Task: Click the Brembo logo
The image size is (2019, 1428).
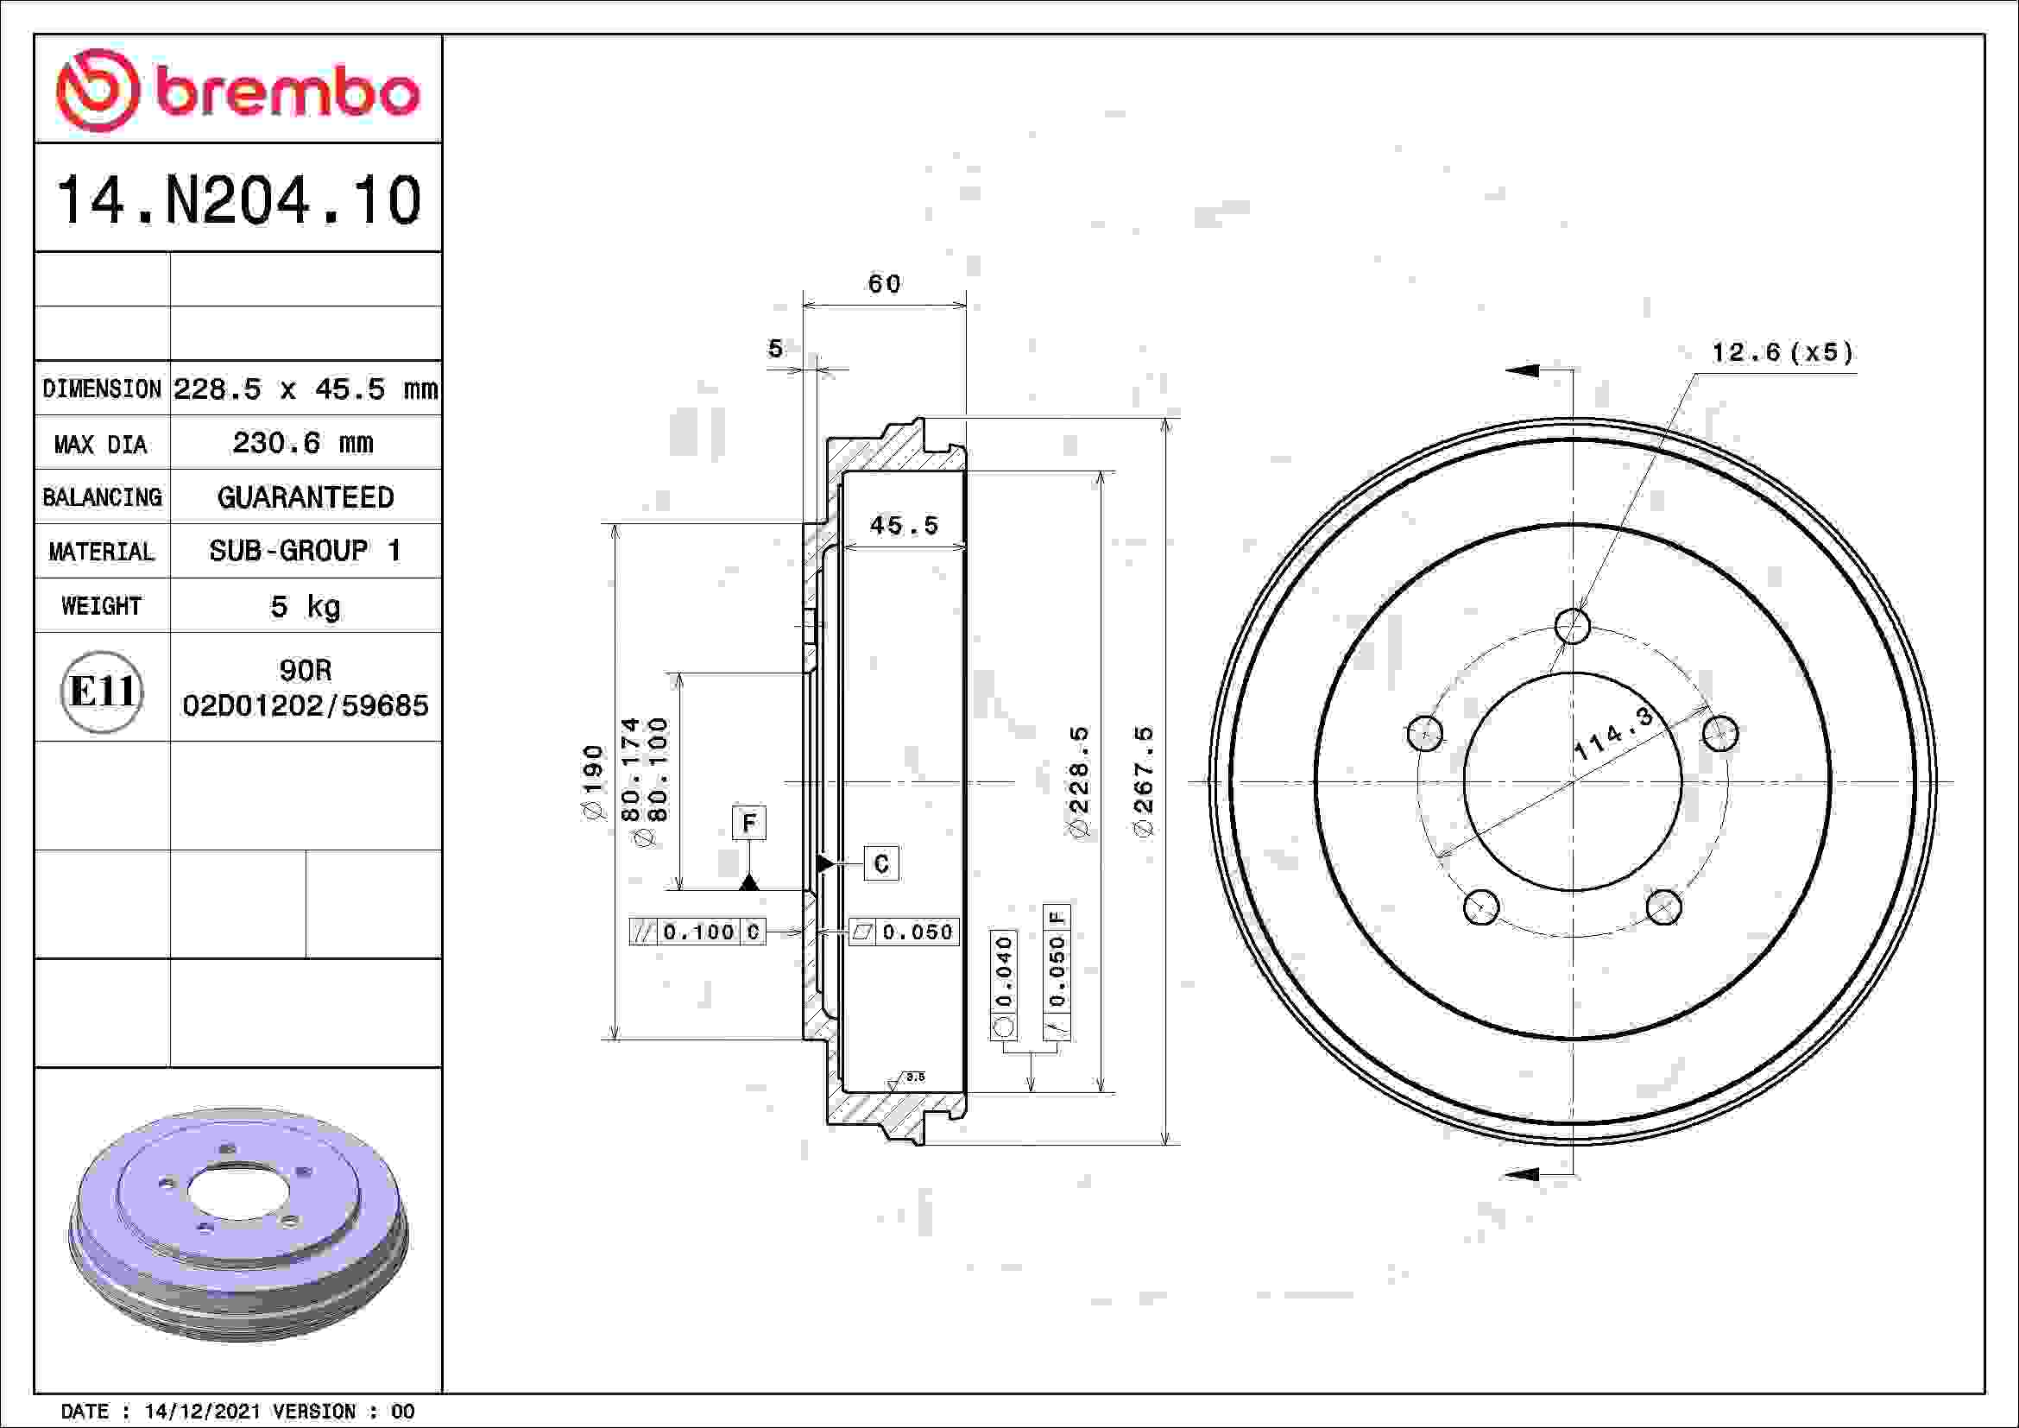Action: click(237, 91)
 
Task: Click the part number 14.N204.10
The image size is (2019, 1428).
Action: click(238, 200)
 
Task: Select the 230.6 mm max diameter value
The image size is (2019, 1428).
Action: click(303, 442)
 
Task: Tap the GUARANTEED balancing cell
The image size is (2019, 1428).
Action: click(305, 497)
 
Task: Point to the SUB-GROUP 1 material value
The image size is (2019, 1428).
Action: click(305, 552)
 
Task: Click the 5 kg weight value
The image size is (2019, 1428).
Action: click(305, 606)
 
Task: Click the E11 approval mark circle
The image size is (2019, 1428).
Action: click(101, 692)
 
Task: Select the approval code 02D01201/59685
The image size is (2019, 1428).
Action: click(305, 705)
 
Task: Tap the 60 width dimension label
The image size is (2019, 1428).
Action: click(884, 284)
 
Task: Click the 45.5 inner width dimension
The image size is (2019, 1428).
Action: click(904, 526)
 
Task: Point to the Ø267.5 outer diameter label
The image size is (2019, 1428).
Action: click(1143, 780)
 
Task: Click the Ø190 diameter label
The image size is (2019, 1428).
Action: click(595, 781)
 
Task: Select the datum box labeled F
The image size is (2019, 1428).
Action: click(748, 823)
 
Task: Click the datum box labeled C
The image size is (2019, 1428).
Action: click(881, 863)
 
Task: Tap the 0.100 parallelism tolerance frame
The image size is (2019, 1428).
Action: click(698, 932)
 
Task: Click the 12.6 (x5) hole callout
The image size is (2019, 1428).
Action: click(1782, 353)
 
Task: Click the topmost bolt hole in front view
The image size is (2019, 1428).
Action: click(1572, 627)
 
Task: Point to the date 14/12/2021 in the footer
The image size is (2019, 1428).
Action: click(202, 1412)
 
